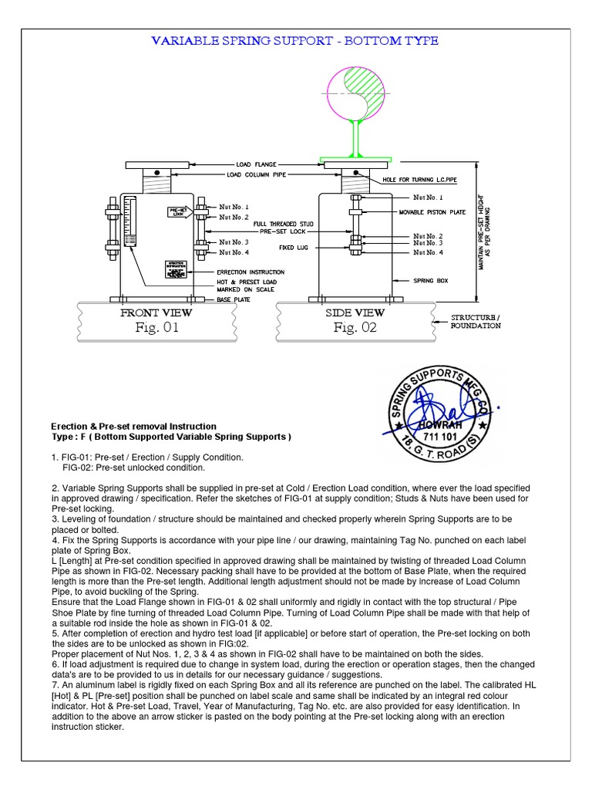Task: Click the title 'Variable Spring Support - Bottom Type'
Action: click(x=294, y=41)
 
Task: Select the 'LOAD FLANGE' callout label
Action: click(x=257, y=164)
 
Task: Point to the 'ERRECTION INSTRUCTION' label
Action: click(x=251, y=272)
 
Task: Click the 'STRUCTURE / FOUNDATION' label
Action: click(x=476, y=322)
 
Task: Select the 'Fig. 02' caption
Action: click(x=355, y=328)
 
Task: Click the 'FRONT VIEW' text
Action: click(x=156, y=313)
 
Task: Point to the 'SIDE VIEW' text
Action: click(x=355, y=313)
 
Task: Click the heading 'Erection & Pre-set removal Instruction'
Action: click(x=133, y=427)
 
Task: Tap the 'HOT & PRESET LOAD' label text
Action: click(x=246, y=282)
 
